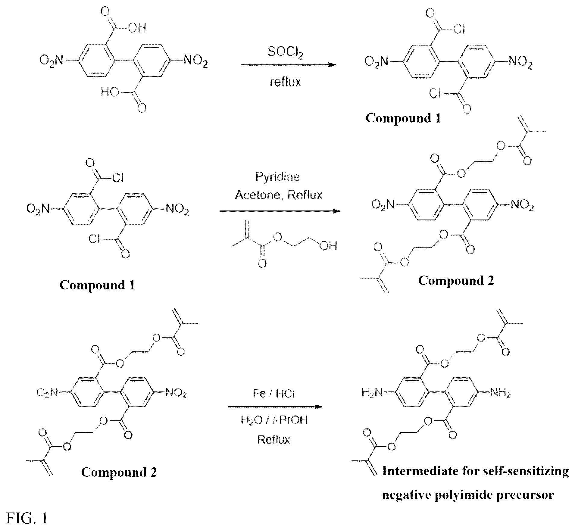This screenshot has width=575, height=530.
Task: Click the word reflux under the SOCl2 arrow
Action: click(x=285, y=82)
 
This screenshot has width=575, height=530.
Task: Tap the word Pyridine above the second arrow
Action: click(x=278, y=177)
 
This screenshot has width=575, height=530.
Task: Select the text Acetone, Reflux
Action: click(x=279, y=195)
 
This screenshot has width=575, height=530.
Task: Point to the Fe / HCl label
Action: click(x=274, y=394)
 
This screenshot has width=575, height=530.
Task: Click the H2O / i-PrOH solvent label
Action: click(x=274, y=420)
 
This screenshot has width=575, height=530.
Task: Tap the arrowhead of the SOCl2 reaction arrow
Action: click(x=332, y=65)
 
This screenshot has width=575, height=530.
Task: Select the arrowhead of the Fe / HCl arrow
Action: click(x=318, y=407)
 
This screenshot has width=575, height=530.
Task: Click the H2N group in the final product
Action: click(x=372, y=392)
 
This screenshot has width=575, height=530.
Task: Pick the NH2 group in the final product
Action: click(x=500, y=392)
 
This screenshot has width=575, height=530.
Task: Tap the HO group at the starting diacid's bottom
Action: click(x=110, y=92)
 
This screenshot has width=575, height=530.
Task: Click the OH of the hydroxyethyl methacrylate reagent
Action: click(x=328, y=246)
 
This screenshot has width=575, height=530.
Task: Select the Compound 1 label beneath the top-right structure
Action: click(x=403, y=118)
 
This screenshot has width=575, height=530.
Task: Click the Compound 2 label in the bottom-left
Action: click(x=119, y=472)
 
